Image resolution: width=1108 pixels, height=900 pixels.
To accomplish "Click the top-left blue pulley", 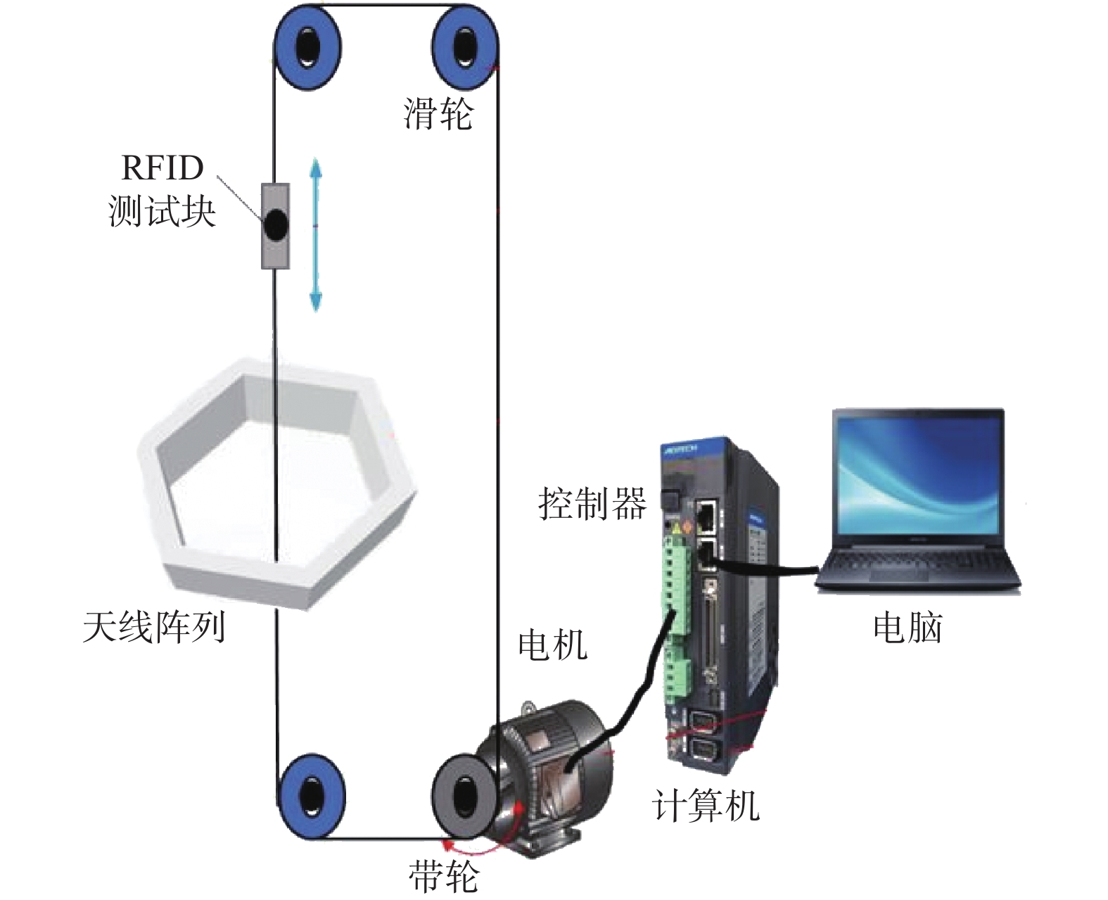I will (x=307, y=48).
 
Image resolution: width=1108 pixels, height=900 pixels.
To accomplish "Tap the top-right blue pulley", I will (x=464, y=48).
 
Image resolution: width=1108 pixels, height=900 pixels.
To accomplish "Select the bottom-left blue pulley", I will (x=310, y=796).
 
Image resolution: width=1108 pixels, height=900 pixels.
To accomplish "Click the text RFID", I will (x=163, y=168).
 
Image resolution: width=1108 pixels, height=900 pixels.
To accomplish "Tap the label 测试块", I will (x=162, y=210).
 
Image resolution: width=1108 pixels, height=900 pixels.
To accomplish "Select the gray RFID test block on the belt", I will (x=276, y=226).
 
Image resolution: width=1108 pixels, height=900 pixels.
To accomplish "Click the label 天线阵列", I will (x=153, y=626).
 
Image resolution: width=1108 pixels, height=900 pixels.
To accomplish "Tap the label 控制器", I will (x=592, y=503).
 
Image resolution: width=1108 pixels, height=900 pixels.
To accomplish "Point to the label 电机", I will (x=553, y=644).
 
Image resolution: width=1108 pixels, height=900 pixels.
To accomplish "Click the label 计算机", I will (x=706, y=804).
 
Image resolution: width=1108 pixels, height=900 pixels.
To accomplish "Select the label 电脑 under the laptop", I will (x=908, y=626).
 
